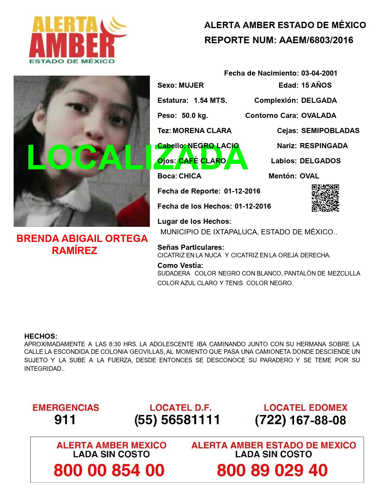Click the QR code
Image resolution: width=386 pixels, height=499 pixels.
(325, 198)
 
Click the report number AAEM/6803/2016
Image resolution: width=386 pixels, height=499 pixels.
(316, 40)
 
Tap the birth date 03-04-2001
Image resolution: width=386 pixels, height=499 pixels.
(319, 73)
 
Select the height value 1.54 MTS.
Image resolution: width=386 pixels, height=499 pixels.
(210, 100)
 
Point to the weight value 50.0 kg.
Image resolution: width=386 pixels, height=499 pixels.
(195, 116)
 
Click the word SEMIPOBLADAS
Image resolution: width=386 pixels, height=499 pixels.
(330, 131)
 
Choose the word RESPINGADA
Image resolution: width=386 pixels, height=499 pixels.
(324, 146)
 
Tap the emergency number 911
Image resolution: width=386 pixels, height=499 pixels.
(65, 420)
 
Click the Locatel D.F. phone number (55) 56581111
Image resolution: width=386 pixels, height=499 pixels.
(177, 420)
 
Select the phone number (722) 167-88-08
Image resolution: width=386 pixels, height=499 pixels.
(300, 420)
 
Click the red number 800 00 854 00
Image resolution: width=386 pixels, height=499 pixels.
(109, 470)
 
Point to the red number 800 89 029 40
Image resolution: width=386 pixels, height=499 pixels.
(272, 470)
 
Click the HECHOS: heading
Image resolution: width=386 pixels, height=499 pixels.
(41, 336)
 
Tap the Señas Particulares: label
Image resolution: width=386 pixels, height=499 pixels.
(191, 247)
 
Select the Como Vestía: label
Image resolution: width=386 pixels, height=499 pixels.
(180, 266)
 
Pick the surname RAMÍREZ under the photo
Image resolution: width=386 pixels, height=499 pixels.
(74, 251)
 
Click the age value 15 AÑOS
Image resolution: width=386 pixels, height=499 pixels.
(316, 85)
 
